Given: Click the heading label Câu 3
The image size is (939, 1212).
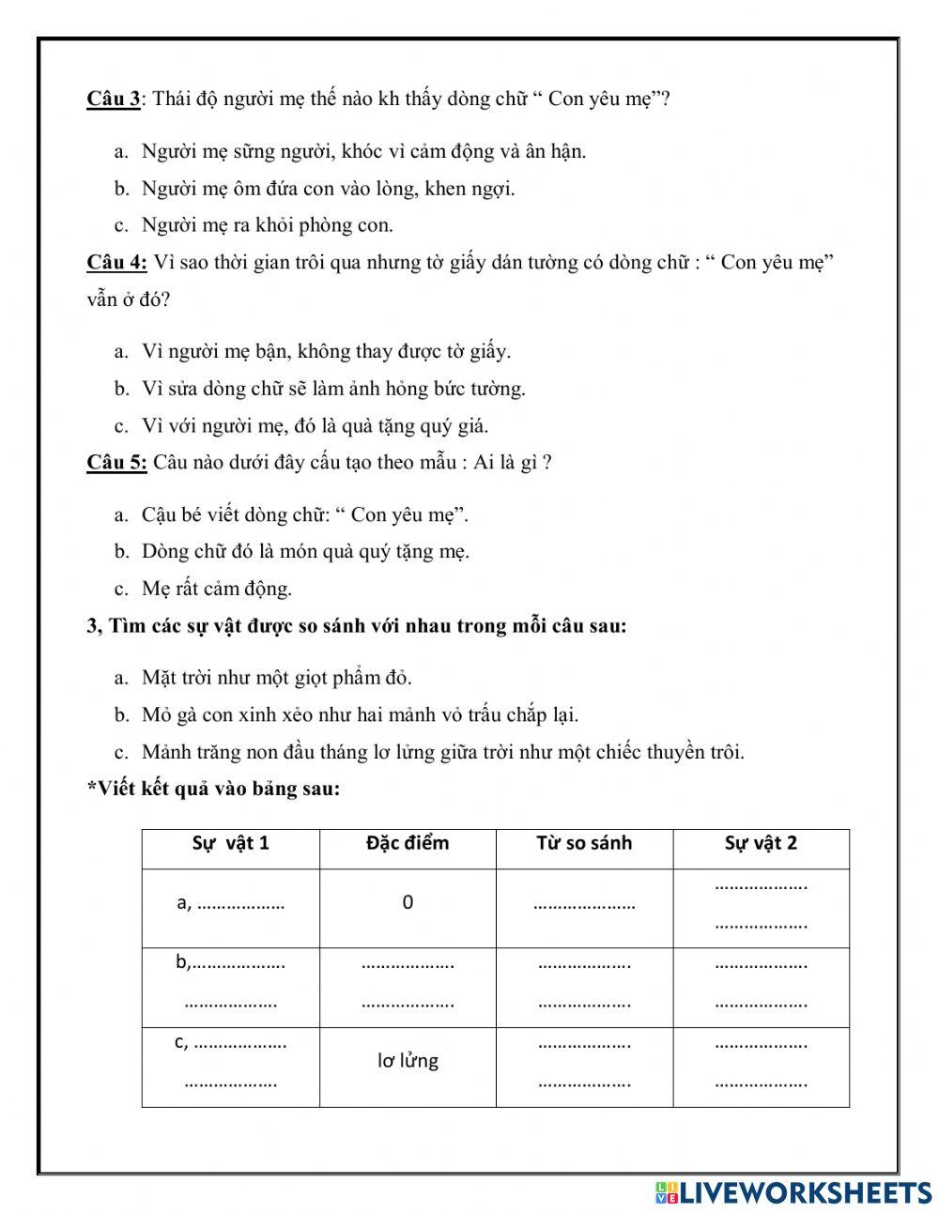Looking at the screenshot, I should pos(113,99).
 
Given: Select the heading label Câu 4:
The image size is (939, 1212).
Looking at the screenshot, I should pos(116,262).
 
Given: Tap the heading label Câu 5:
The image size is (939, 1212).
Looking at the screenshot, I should pos(116,462).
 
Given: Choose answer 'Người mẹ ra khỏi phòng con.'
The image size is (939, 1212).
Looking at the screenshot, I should pos(267,225).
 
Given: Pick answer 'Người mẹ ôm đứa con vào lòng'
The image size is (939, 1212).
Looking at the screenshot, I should pos(328,189).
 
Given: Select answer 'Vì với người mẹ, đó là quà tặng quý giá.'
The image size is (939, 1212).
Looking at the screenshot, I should pos(315,426).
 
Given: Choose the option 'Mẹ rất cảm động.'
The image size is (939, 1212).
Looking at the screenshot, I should pos(216,590).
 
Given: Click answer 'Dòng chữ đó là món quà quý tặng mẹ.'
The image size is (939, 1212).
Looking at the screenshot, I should pos(305,552).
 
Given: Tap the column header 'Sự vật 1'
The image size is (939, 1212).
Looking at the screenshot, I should pos(230,843).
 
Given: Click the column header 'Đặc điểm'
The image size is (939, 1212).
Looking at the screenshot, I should pos(408,843).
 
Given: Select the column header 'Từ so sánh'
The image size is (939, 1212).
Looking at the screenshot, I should pos(584,843).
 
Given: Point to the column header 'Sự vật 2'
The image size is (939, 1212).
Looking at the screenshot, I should pos(761,843).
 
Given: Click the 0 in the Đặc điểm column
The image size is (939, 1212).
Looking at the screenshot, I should pos(408,903).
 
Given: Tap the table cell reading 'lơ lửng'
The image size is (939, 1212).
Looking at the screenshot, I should pos(408,1061).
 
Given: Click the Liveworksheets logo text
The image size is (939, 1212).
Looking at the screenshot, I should pos(805,1192).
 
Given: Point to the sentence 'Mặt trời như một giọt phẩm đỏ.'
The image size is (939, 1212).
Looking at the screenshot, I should pos(276,678).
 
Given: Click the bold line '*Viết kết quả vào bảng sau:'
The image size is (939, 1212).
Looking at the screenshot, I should pos(213,789).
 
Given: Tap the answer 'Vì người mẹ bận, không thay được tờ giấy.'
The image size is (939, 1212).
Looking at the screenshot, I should pos(326,352).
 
